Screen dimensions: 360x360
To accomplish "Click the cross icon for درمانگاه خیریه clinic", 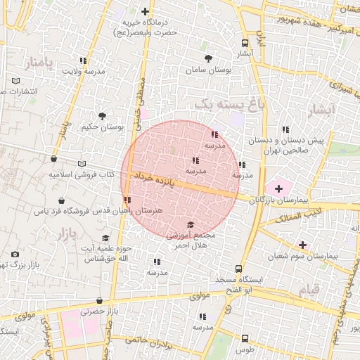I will point(146,11).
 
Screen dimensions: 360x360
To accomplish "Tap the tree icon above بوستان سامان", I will point(208,59).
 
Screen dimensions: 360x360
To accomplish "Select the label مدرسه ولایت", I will point(84,72).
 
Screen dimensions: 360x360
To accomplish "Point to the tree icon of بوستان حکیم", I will point(103,115).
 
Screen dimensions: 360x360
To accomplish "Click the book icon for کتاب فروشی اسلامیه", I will point(82,162).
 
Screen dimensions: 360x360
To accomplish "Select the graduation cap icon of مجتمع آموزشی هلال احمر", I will point(190,225).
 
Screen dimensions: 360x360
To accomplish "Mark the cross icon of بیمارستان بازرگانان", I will point(278,188).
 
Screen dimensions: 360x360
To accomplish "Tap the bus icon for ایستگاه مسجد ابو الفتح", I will point(239,269).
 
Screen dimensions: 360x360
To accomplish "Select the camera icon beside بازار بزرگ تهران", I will point(15,254).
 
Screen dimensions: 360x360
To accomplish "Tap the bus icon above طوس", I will point(244,338).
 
